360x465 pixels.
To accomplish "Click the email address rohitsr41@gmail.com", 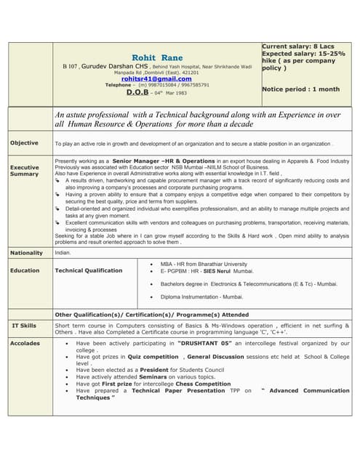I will click(x=156, y=78).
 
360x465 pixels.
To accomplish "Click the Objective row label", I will click(x=24, y=143).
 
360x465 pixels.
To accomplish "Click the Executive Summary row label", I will click(x=24, y=171).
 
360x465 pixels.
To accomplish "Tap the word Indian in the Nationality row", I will click(x=63, y=253).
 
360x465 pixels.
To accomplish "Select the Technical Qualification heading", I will click(x=89, y=270).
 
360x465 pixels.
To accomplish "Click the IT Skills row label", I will click(x=24, y=325).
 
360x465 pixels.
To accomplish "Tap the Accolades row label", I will click(x=25, y=343).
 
